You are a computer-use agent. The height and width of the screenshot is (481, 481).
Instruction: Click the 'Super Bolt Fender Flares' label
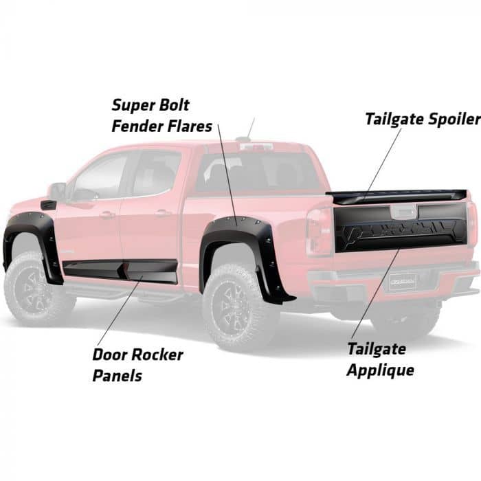pos(162,116)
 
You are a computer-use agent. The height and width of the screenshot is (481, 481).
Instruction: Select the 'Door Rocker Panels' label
pos(137,365)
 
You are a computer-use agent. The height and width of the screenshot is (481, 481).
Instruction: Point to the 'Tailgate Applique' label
pos(380,359)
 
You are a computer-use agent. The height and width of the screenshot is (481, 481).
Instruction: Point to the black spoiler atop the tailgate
pos(399,195)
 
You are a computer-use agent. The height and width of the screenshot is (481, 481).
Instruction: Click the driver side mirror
pos(57,190)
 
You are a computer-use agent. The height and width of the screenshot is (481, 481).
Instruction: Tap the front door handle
pos(107,214)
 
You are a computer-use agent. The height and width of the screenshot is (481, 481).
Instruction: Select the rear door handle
pos(163,212)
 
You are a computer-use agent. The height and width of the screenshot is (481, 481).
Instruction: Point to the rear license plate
pos(402,280)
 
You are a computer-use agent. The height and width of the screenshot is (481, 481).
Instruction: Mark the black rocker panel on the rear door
pos(153,271)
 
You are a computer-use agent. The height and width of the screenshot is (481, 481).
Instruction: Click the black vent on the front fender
pos(48,205)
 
